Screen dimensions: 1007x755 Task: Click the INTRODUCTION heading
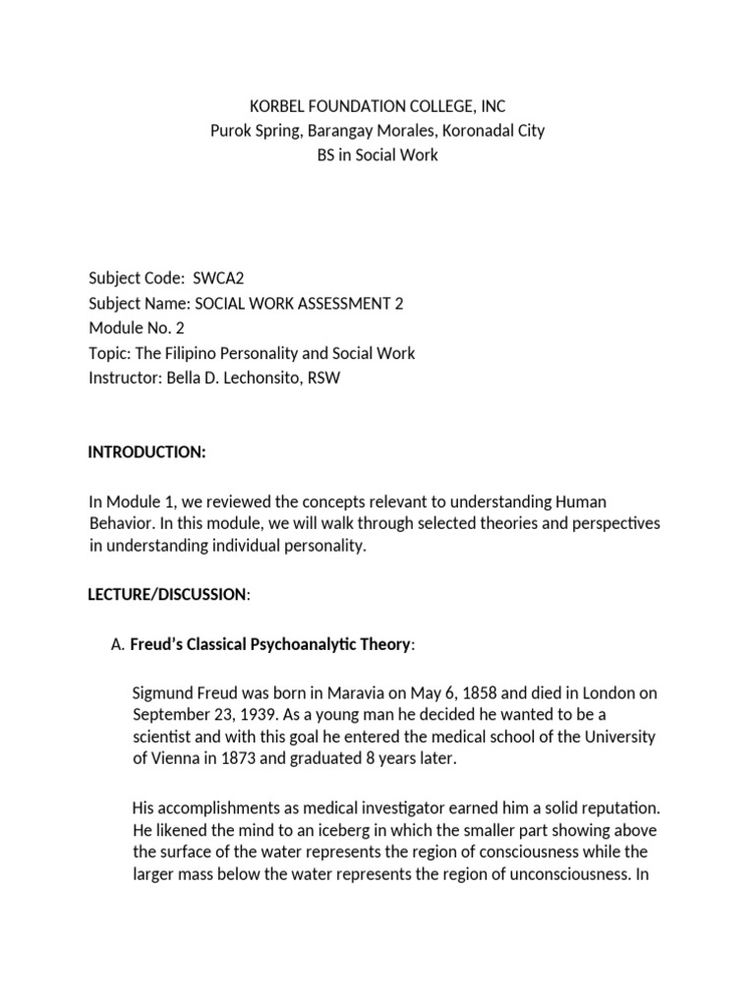point(146,451)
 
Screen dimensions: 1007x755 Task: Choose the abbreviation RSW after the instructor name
point(323,378)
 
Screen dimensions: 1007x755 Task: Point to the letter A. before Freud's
point(118,644)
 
